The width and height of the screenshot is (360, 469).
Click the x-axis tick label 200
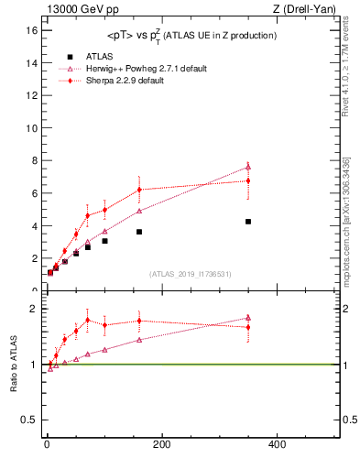click(x=162, y=444)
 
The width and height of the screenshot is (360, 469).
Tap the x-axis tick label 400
click(x=277, y=444)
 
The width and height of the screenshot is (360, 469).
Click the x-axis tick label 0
click(x=48, y=444)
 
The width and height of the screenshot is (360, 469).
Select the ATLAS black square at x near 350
click(x=248, y=222)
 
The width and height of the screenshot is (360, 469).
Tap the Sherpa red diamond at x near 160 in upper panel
click(x=139, y=190)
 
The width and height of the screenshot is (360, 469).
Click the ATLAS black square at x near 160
click(x=139, y=232)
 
